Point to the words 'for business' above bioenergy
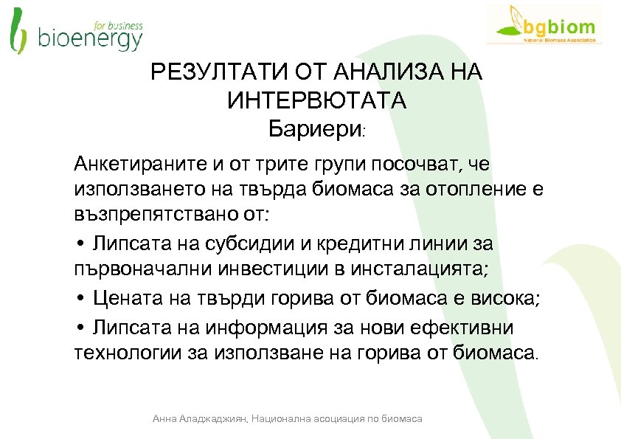click(118, 24)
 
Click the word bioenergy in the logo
click(89, 39)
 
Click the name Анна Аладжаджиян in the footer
click(199, 418)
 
